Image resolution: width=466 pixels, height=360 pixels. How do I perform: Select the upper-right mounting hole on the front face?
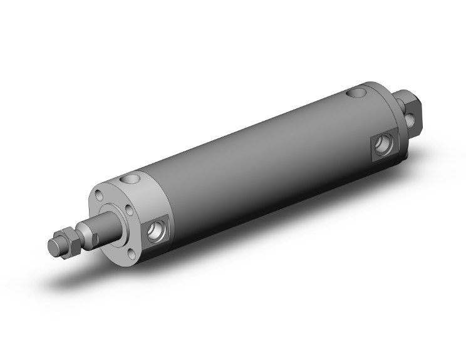point(129,210)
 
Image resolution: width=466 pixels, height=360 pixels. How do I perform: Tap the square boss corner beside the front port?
point(167,217)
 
